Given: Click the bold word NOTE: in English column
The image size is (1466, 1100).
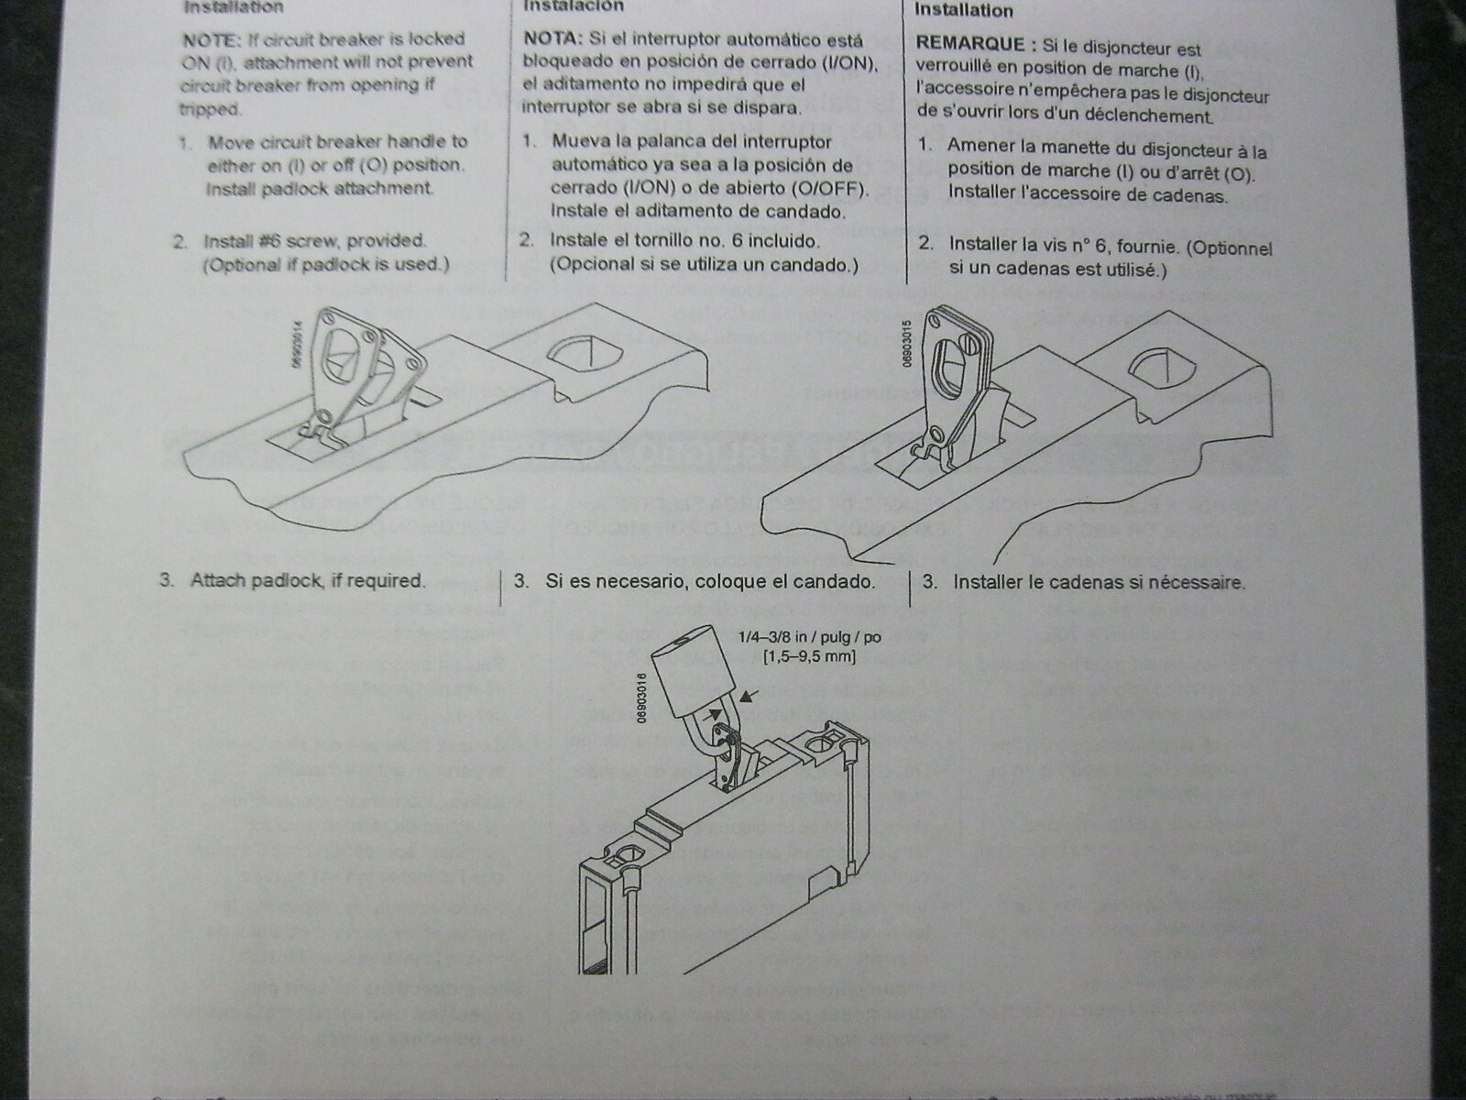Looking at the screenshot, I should point(213,39).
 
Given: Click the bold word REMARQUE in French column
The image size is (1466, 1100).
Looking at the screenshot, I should point(968,44).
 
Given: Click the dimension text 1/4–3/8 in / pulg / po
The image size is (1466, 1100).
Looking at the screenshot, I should point(797,637).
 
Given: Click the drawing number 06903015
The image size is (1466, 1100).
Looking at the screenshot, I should point(905,344).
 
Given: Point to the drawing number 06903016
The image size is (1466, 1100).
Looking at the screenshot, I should point(641,697).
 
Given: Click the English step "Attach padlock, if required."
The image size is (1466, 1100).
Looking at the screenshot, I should point(307,580).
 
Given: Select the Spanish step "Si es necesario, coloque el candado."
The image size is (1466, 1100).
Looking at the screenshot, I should point(709,581).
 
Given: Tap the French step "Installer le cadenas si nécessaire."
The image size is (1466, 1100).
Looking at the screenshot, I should point(1099,582).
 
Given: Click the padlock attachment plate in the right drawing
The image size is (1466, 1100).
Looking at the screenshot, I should point(953,367).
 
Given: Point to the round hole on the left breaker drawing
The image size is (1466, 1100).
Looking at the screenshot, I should point(581,354).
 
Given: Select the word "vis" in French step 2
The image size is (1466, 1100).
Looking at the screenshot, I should point(1033,244).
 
